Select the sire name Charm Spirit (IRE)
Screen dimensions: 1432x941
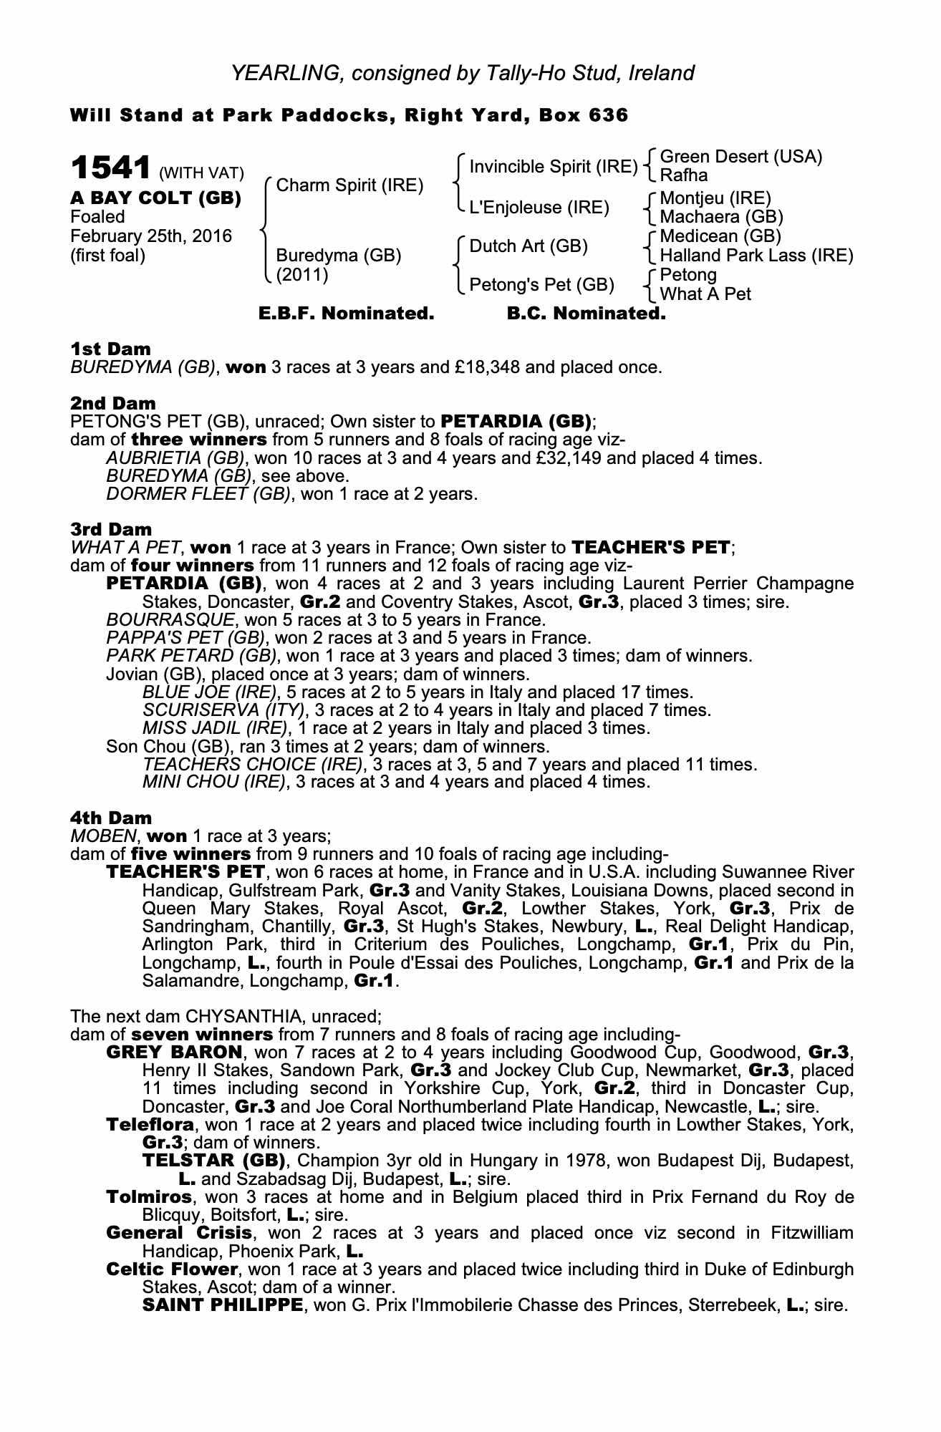(349, 185)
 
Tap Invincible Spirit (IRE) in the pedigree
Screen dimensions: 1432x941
(553, 167)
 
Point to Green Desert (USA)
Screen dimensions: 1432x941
(740, 157)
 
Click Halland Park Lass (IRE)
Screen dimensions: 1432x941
(756, 255)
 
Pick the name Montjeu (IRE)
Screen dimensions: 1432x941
(715, 198)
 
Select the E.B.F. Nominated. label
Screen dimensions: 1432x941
(346, 314)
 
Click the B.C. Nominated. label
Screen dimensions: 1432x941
(586, 314)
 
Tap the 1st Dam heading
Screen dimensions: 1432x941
(110, 349)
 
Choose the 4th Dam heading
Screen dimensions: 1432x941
(111, 818)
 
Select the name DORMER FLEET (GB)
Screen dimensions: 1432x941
(198, 493)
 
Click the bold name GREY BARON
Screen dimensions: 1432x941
(174, 1053)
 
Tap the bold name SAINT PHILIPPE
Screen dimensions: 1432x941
(222, 1305)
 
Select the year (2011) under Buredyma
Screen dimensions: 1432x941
(302, 274)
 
